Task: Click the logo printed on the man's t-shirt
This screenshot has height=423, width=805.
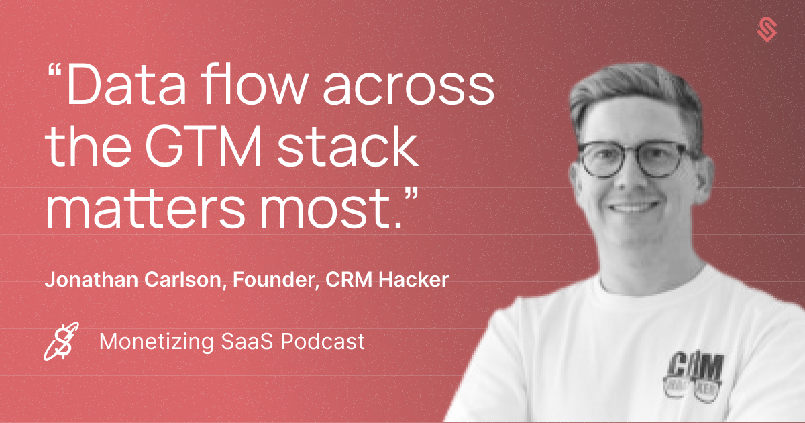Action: pyautogui.click(x=695, y=376)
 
